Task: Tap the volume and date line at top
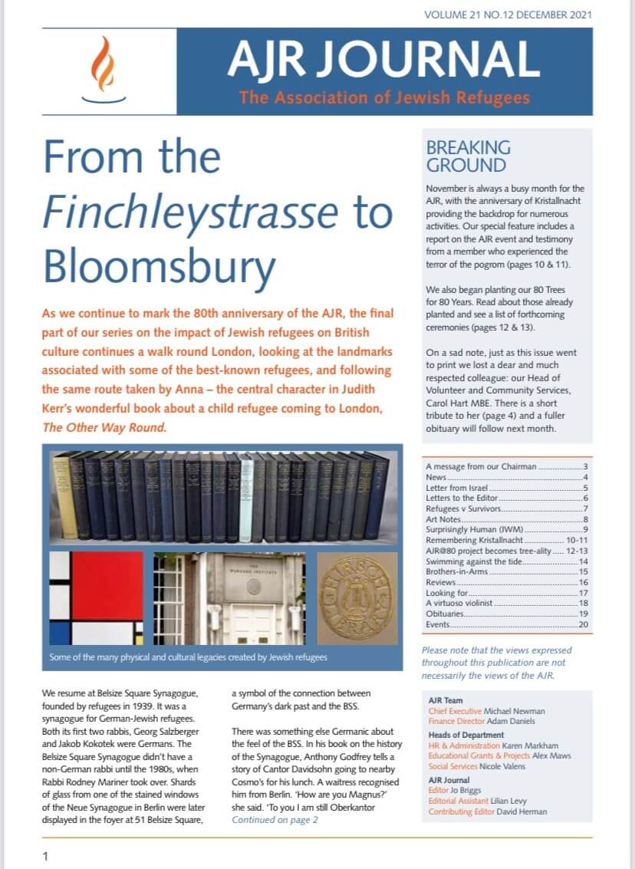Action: pyautogui.click(x=508, y=14)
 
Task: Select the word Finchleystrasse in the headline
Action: pyautogui.click(x=196, y=212)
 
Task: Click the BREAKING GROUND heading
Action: pyautogui.click(x=468, y=156)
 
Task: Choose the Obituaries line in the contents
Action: pyautogui.click(x=445, y=614)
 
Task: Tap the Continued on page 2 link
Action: pyautogui.click(x=275, y=820)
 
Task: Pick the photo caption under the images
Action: pyautogui.click(x=188, y=657)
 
